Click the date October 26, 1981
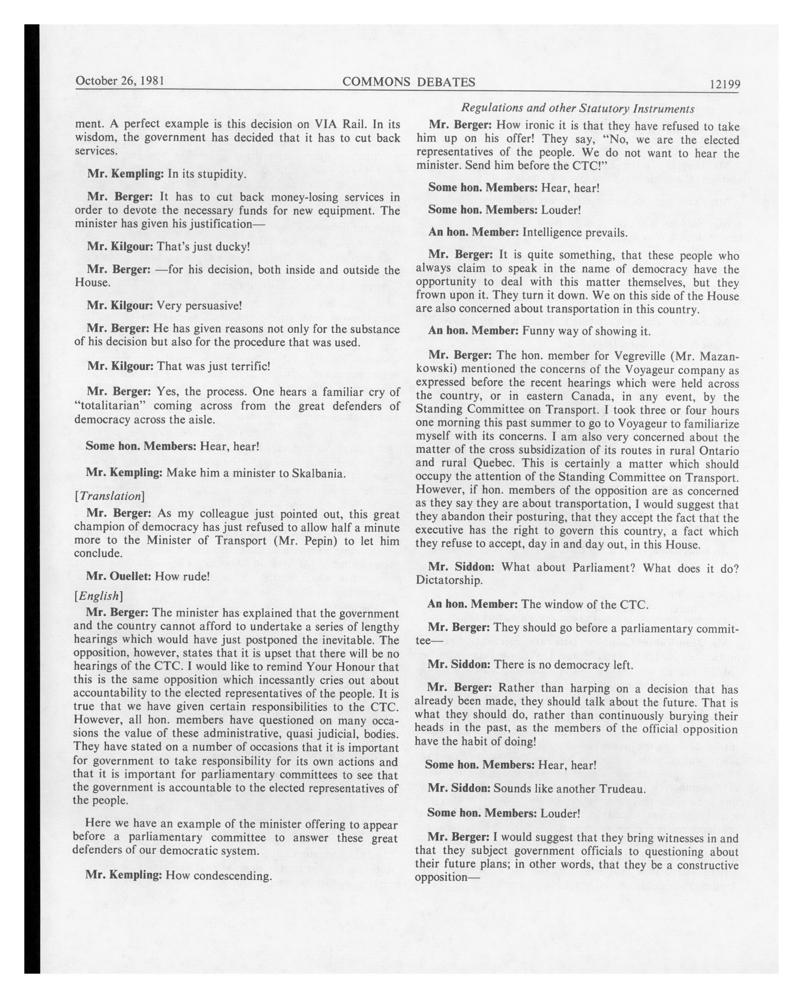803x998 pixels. (120, 81)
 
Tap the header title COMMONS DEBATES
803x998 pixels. (409, 82)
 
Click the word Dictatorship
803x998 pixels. (449, 580)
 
